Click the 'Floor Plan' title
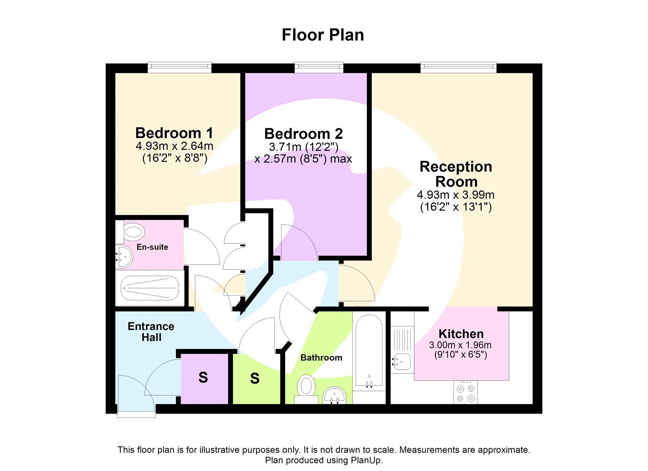click(323, 35)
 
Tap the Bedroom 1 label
click(174, 133)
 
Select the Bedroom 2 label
click(303, 134)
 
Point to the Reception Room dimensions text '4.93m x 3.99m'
click(456, 195)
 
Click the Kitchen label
click(461, 334)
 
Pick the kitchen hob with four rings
click(465, 393)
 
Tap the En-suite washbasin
click(124, 257)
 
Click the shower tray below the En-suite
click(150, 288)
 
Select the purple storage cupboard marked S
click(204, 378)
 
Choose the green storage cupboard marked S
click(255, 379)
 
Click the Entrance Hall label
click(151, 332)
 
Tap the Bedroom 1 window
click(179, 67)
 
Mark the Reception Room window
click(458, 67)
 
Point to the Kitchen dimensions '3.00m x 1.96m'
click(460, 345)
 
